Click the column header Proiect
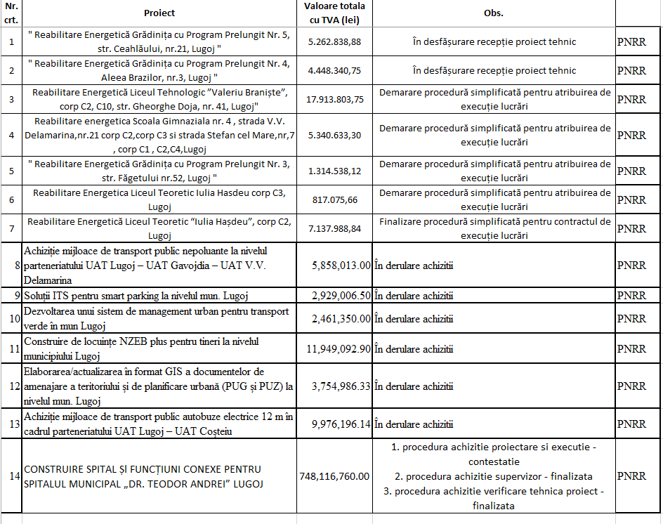[x=159, y=13]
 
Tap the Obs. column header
[x=494, y=13]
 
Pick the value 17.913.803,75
[x=334, y=99]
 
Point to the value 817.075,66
[x=334, y=200]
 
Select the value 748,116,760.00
[x=334, y=476]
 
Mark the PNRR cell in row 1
[x=631, y=42]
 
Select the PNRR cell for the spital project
[x=631, y=476]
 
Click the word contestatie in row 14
[x=494, y=462]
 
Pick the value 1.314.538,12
[x=334, y=171]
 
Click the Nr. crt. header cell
[x=11, y=13]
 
